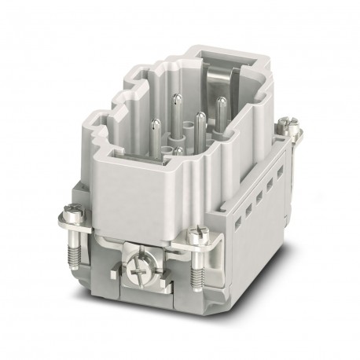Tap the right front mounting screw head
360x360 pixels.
[195, 233]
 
